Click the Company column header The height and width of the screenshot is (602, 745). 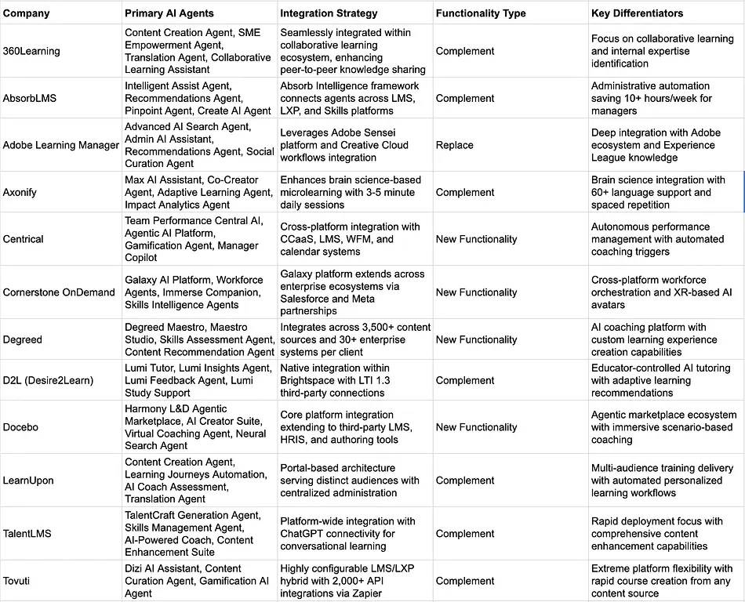(x=26, y=13)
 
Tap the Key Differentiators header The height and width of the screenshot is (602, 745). (x=638, y=13)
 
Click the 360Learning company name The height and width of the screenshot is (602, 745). (x=31, y=51)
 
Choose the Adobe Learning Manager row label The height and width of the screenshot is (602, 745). (x=61, y=145)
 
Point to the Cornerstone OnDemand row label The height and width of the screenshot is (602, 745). (x=59, y=292)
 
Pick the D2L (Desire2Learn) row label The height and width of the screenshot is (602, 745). (x=48, y=380)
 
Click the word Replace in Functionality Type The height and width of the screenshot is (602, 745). (x=455, y=145)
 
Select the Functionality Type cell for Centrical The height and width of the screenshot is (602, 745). (x=477, y=239)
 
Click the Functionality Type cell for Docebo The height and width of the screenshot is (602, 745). (x=477, y=427)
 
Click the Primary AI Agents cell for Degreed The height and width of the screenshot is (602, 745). (x=199, y=339)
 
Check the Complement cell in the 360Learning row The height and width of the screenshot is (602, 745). (x=465, y=51)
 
